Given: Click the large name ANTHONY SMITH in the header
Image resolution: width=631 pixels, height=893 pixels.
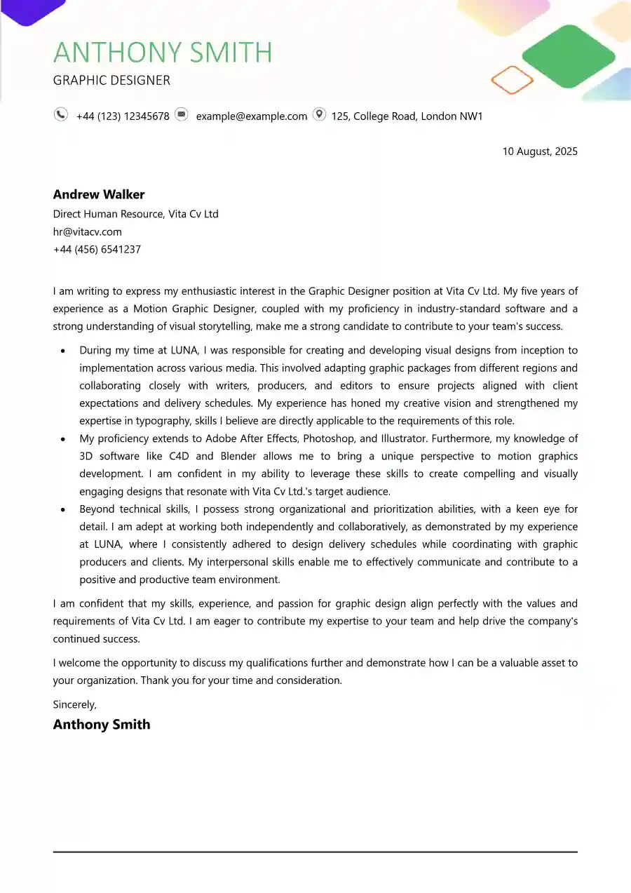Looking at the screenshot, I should pyautogui.click(x=162, y=53).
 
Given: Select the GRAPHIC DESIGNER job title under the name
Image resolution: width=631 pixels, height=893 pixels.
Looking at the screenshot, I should pyautogui.click(x=111, y=80).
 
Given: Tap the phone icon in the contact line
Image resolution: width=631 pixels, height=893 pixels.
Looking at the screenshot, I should pyautogui.click(x=61, y=114).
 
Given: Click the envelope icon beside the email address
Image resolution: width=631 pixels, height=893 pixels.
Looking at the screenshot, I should pyautogui.click(x=182, y=114).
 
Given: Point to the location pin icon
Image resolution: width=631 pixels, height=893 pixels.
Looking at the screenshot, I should pyautogui.click(x=319, y=114).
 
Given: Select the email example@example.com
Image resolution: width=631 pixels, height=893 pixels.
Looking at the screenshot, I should pyautogui.click(x=251, y=116).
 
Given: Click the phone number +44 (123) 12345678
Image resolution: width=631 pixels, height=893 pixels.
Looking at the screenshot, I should pyautogui.click(x=123, y=116).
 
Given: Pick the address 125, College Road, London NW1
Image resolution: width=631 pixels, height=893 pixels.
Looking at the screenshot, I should pyautogui.click(x=407, y=116).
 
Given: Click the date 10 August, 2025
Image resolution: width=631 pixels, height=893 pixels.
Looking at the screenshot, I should pyautogui.click(x=539, y=152).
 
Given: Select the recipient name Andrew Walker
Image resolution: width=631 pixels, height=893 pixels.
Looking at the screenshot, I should pyautogui.click(x=99, y=194).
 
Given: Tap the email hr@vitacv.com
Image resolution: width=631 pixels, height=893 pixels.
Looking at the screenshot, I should pyautogui.click(x=87, y=231).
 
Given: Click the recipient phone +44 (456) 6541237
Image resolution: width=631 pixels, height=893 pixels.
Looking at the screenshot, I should pyautogui.click(x=97, y=249).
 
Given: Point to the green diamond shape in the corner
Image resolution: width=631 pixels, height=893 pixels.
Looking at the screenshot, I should pyautogui.click(x=569, y=56).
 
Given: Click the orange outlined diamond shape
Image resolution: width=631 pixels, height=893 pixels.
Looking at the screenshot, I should pyautogui.click(x=513, y=80).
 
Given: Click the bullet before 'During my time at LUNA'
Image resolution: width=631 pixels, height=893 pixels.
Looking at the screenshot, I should pyautogui.click(x=64, y=351).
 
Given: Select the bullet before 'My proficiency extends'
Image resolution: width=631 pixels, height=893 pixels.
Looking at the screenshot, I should pyautogui.click(x=64, y=439).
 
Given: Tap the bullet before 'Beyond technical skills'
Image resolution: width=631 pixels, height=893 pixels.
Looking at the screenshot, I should pyautogui.click(x=64, y=509).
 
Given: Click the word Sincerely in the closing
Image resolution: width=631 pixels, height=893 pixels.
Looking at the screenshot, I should pyautogui.click(x=74, y=704).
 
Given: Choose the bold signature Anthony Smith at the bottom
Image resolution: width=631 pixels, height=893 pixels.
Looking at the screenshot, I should pyautogui.click(x=102, y=725).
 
